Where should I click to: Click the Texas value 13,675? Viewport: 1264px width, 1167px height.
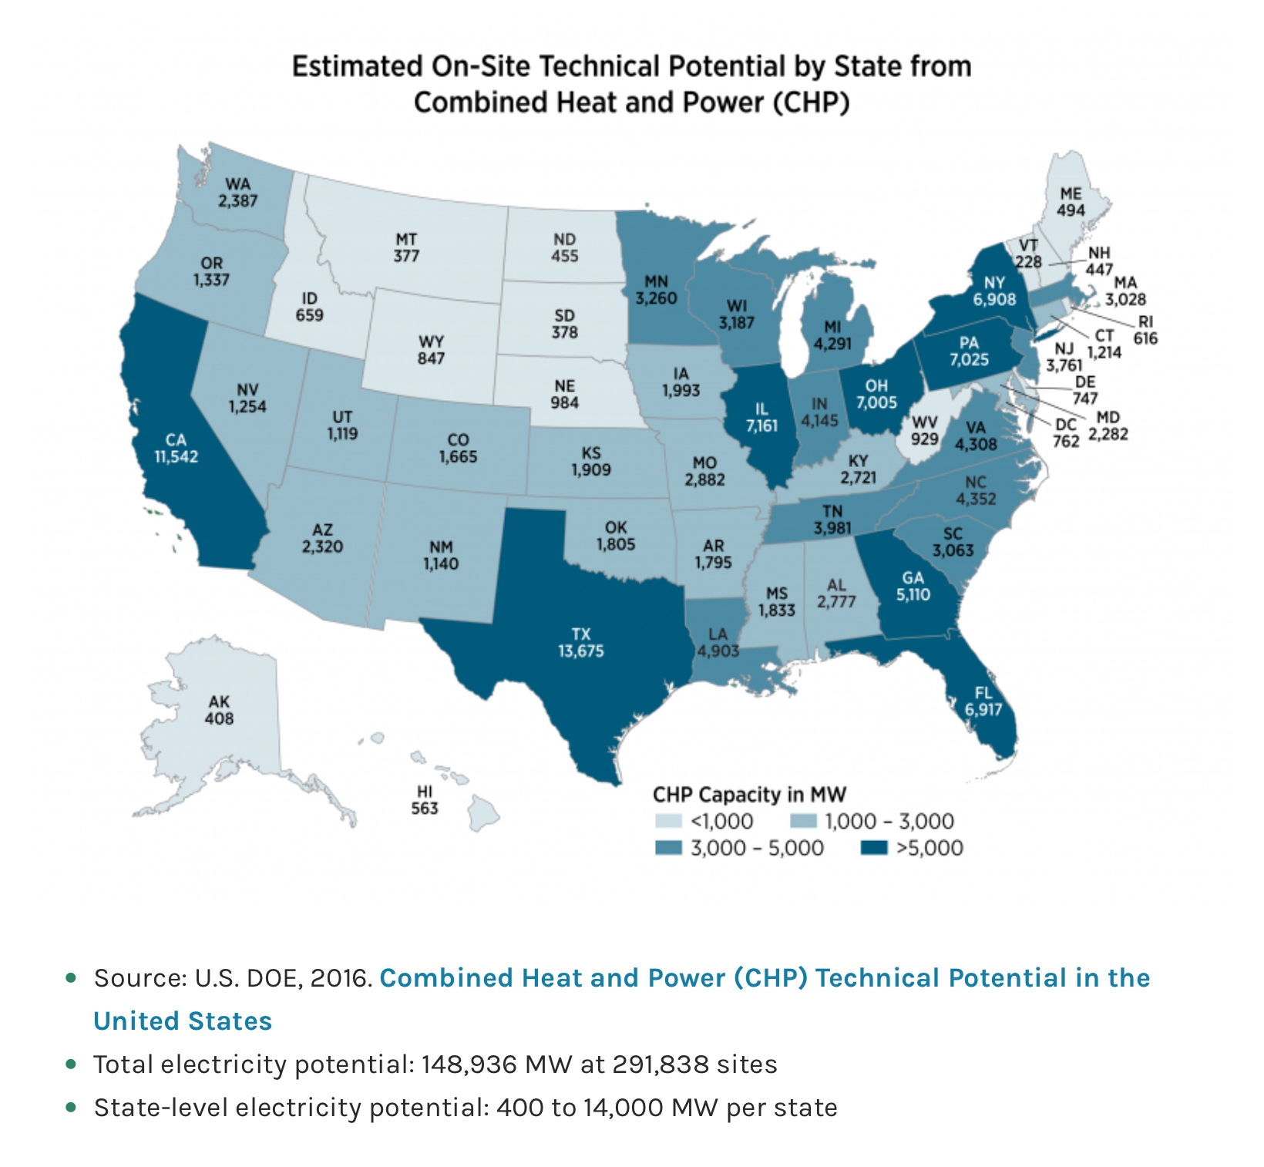tap(581, 651)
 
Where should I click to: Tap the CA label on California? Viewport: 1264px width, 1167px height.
tap(176, 439)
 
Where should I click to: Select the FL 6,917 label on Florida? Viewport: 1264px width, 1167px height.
tap(983, 701)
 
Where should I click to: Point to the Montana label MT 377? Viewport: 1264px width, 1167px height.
tap(406, 247)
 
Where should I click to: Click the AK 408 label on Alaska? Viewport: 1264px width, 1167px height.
tap(219, 710)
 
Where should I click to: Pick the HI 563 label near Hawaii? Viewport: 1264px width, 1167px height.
tap(425, 800)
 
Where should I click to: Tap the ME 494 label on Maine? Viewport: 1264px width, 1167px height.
tap(1071, 201)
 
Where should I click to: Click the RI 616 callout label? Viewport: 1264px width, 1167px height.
tap(1145, 330)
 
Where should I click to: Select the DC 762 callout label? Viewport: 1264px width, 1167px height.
tap(1066, 432)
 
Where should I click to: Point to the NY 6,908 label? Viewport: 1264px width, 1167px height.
tap(994, 291)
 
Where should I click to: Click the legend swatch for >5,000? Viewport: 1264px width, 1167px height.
tap(874, 848)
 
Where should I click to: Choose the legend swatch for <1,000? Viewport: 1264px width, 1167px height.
tap(668, 821)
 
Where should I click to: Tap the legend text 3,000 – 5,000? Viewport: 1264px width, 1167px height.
tap(757, 848)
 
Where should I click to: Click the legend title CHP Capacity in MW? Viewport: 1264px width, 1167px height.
tap(749, 795)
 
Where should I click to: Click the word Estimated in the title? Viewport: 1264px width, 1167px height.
tap(357, 66)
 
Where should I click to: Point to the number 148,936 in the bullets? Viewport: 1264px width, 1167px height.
tap(469, 1064)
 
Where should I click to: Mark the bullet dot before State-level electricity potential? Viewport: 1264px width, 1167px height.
tap(72, 1107)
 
